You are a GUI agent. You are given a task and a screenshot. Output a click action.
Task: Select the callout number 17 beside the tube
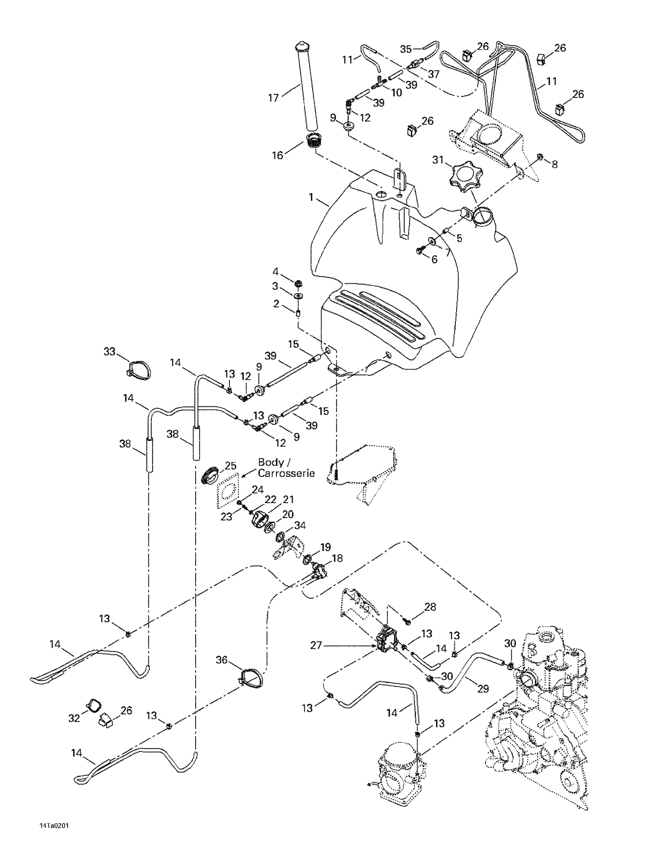point(273,97)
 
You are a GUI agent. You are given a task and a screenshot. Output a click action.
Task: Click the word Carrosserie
point(286,473)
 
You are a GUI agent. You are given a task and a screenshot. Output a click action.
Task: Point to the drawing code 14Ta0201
point(54,826)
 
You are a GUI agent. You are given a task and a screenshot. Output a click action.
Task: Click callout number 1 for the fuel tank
point(311,196)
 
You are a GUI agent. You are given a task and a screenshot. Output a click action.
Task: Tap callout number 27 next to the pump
point(316,645)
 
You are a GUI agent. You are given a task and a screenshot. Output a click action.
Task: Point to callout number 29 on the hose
point(483,689)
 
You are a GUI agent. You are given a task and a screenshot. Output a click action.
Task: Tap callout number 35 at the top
point(406,49)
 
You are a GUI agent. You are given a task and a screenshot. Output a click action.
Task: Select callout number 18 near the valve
point(337,558)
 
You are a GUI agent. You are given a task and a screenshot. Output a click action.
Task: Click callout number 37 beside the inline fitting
point(433,74)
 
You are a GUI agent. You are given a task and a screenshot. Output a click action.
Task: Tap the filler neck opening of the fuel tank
point(483,217)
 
